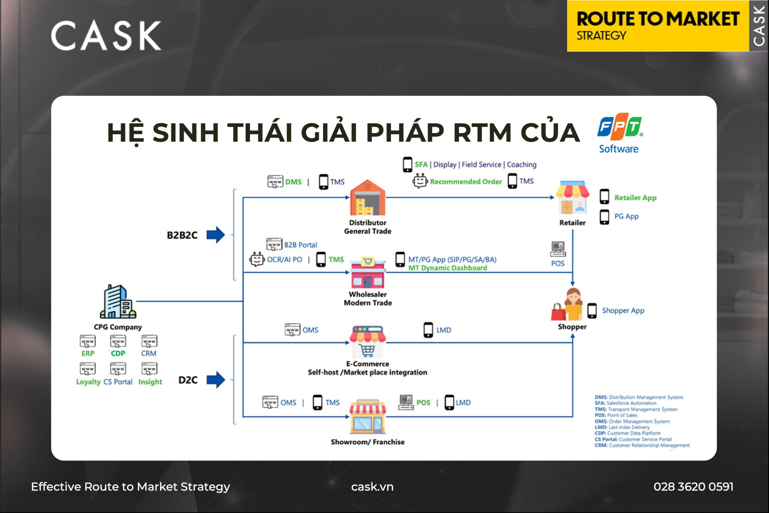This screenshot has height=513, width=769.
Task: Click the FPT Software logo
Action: point(619,133)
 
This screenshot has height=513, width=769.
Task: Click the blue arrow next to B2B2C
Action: point(216,235)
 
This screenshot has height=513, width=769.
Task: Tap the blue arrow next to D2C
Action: point(216,380)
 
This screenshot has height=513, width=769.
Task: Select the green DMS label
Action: point(293,182)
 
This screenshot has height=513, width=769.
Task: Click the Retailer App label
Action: point(635,198)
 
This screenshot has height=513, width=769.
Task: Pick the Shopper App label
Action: point(623,311)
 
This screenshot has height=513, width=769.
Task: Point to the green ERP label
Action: point(88,353)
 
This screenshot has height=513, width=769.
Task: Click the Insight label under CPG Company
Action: point(150,382)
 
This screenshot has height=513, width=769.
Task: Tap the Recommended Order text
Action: point(465,182)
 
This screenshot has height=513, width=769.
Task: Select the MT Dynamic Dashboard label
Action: point(447,268)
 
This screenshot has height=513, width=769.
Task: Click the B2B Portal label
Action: point(300,245)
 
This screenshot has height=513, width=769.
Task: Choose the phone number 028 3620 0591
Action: point(693,487)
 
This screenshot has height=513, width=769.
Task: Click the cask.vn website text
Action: point(372,487)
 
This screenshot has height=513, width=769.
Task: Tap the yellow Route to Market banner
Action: point(658,26)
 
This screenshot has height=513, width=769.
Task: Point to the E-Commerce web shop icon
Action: point(367,342)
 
